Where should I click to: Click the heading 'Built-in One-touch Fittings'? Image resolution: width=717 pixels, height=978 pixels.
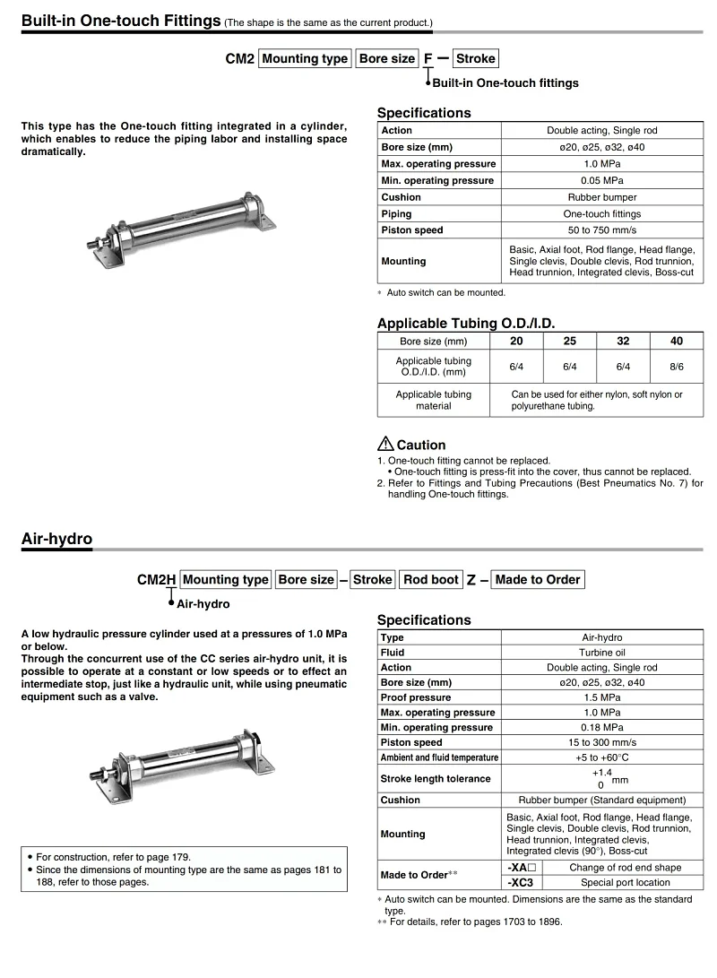point(121,20)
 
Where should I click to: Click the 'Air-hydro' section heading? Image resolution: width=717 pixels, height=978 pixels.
point(56,539)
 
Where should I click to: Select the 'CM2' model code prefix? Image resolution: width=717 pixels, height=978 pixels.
point(239,59)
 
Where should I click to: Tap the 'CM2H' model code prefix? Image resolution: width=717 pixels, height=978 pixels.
point(156,580)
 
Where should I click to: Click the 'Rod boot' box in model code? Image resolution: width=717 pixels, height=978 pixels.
point(430,580)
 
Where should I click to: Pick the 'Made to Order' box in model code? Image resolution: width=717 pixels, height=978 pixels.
point(538,580)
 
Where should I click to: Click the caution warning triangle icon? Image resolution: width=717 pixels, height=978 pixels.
point(385,444)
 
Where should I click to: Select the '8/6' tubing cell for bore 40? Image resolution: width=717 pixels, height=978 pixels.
point(676,367)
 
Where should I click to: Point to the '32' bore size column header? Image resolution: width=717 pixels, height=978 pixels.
point(623,342)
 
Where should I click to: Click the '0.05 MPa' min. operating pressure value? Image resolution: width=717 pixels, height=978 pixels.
point(602,180)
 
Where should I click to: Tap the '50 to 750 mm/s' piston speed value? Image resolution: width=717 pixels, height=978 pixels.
point(602,230)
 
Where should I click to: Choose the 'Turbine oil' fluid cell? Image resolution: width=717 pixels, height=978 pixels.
point(602,653)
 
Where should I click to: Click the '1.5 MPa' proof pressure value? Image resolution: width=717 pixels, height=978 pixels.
point(602,697)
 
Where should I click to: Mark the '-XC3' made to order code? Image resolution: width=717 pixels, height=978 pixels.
point(521,882)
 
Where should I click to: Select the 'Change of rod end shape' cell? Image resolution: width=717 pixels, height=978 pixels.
point(625,868)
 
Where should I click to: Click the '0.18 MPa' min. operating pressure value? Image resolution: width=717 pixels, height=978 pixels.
point(602,728)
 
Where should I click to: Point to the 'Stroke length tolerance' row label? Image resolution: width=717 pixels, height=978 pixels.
point(436,779)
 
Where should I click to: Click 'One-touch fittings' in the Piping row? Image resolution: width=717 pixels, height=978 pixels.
point(602,214)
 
